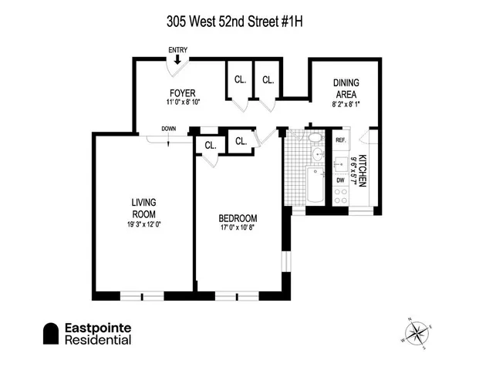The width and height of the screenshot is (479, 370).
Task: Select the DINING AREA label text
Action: [x=345, y=88]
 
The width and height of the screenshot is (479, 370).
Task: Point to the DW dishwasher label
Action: [x=340, y=180]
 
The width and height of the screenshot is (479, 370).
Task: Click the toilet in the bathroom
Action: [x=315, y=139]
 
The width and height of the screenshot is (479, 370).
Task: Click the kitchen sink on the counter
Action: [x=340, y=163]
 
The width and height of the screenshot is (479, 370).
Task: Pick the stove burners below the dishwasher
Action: [x=340, y=197]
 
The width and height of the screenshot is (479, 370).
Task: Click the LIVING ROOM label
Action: [x=144, y=209]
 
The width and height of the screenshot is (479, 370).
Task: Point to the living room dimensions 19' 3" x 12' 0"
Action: [x=144, y=224]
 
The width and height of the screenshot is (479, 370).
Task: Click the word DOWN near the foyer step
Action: [x=168, y=129]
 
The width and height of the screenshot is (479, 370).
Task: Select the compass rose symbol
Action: [x=417, y=332]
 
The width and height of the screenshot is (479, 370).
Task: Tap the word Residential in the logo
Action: [x=97, y=341]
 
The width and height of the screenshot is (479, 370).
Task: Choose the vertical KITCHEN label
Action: [x=361, y=173]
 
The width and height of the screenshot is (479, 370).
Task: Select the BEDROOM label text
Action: [x=238, y=218]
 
